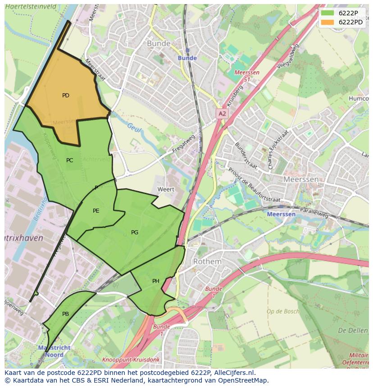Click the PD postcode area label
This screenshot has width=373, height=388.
tap(66, 96)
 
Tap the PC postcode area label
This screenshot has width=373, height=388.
tap(69, 160)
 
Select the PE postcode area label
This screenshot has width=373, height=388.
tap(96, 210)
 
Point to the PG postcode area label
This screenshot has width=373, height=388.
tap(135, 233)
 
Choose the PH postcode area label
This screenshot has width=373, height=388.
tap(156, 281)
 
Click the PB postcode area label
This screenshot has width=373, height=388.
tap(66, 314)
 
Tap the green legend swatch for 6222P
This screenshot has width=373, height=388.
tap(328, 13)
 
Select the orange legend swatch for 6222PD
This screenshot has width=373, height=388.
tap(328, 22)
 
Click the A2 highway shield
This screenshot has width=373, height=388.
tap(222, 114)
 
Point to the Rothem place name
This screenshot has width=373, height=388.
tap(207, 261)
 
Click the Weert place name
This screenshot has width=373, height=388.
tap(166, 190)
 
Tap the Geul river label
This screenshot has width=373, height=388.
tap(134, 128)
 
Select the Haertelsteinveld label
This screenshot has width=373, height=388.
tap(31, 7)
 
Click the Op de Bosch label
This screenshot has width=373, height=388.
tap(282, 311)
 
